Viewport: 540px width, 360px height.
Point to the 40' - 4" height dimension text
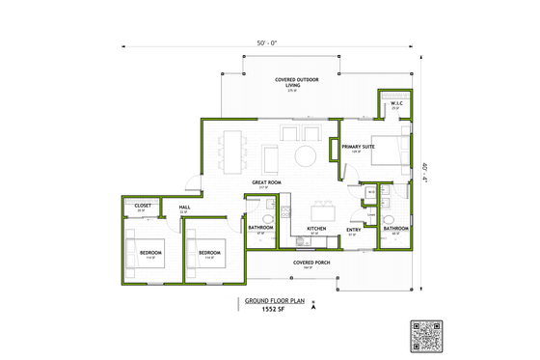pyautogui.click(x=426, y=171)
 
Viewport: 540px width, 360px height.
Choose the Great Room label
pyautogui.click(x=266, y=181)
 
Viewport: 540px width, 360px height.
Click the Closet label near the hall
pyautogui.click(x=142, y=206)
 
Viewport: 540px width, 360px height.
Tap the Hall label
pyautogui.click(x=183, y=207)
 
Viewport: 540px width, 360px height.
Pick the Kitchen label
pyautogui.click(x=316, y=229)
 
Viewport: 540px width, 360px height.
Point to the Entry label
pyautogui.click(x=353, y=229)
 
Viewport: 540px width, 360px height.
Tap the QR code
pyautogui.click(x=424, y=335)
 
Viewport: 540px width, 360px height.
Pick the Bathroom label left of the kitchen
pyautogui.click(x=260, y=228)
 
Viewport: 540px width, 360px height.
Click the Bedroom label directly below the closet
pyautogui.click(x=149, y=253)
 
